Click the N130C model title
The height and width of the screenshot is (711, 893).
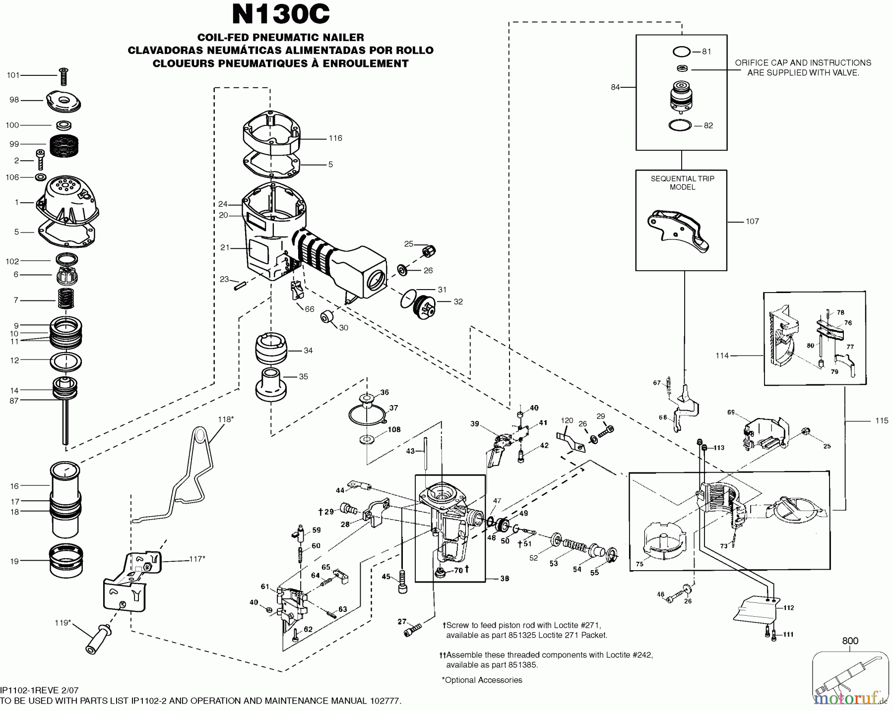[280, 14]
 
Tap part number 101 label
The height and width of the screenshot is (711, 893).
[13, 75]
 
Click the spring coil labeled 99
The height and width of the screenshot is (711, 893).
[65, 144]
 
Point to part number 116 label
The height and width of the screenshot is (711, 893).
[335, 138]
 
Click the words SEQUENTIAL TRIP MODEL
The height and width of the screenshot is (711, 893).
[682, 183]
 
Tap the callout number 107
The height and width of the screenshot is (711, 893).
[752, 222]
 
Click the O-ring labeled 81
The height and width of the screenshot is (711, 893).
[682, 52]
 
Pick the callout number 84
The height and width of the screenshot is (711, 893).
[615, 87]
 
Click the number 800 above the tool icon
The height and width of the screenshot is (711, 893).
[850, 641]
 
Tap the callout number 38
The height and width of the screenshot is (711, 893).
[504, 579]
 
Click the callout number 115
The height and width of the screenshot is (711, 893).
[881, 421]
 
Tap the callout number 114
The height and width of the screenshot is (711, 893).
[722, 355]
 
